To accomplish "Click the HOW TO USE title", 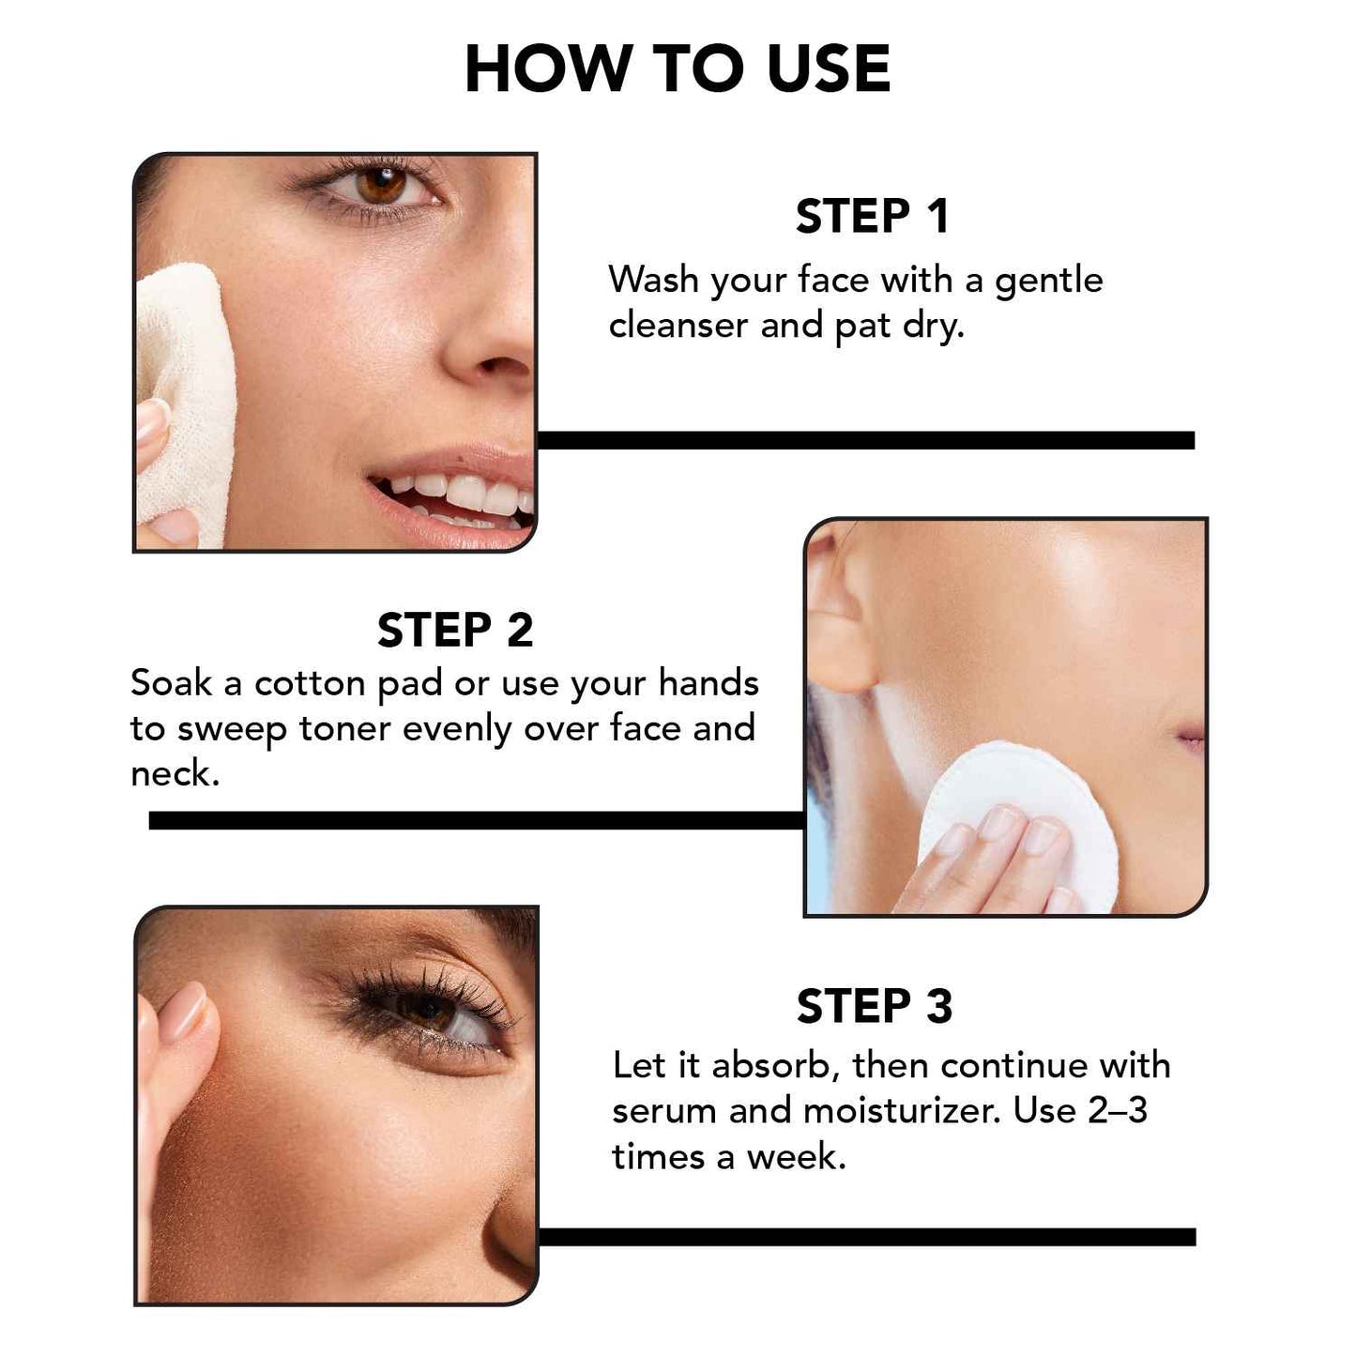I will click(x=677, y=69).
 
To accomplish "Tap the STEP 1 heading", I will click(x=872, y=217).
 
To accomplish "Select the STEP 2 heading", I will click(x=455, y=630).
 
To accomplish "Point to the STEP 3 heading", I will click(x=874, y=1007).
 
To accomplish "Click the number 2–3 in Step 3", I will click(x=1117, y=1111).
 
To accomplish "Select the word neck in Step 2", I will click(x=173, y=774).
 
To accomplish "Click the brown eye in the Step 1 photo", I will click(x=381, y=183).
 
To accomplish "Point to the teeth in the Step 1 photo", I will click(x=460, y=493).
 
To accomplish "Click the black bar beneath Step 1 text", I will click(x=865, y=440).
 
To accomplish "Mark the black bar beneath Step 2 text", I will click(x=476, y=820).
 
